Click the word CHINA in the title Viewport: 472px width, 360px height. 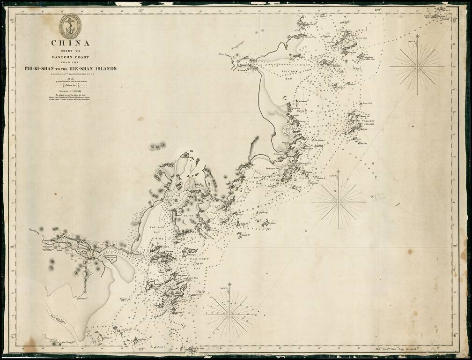[x=70, y=44]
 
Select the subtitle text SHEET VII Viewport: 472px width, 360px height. [x=70, y=52]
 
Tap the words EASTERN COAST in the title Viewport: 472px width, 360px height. [x=70, y=57]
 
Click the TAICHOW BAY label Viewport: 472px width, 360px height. [x=287, y=68]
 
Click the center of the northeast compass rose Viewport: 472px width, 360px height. [x=417, y=67]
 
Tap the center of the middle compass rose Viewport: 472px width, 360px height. [x=338, y=202]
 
